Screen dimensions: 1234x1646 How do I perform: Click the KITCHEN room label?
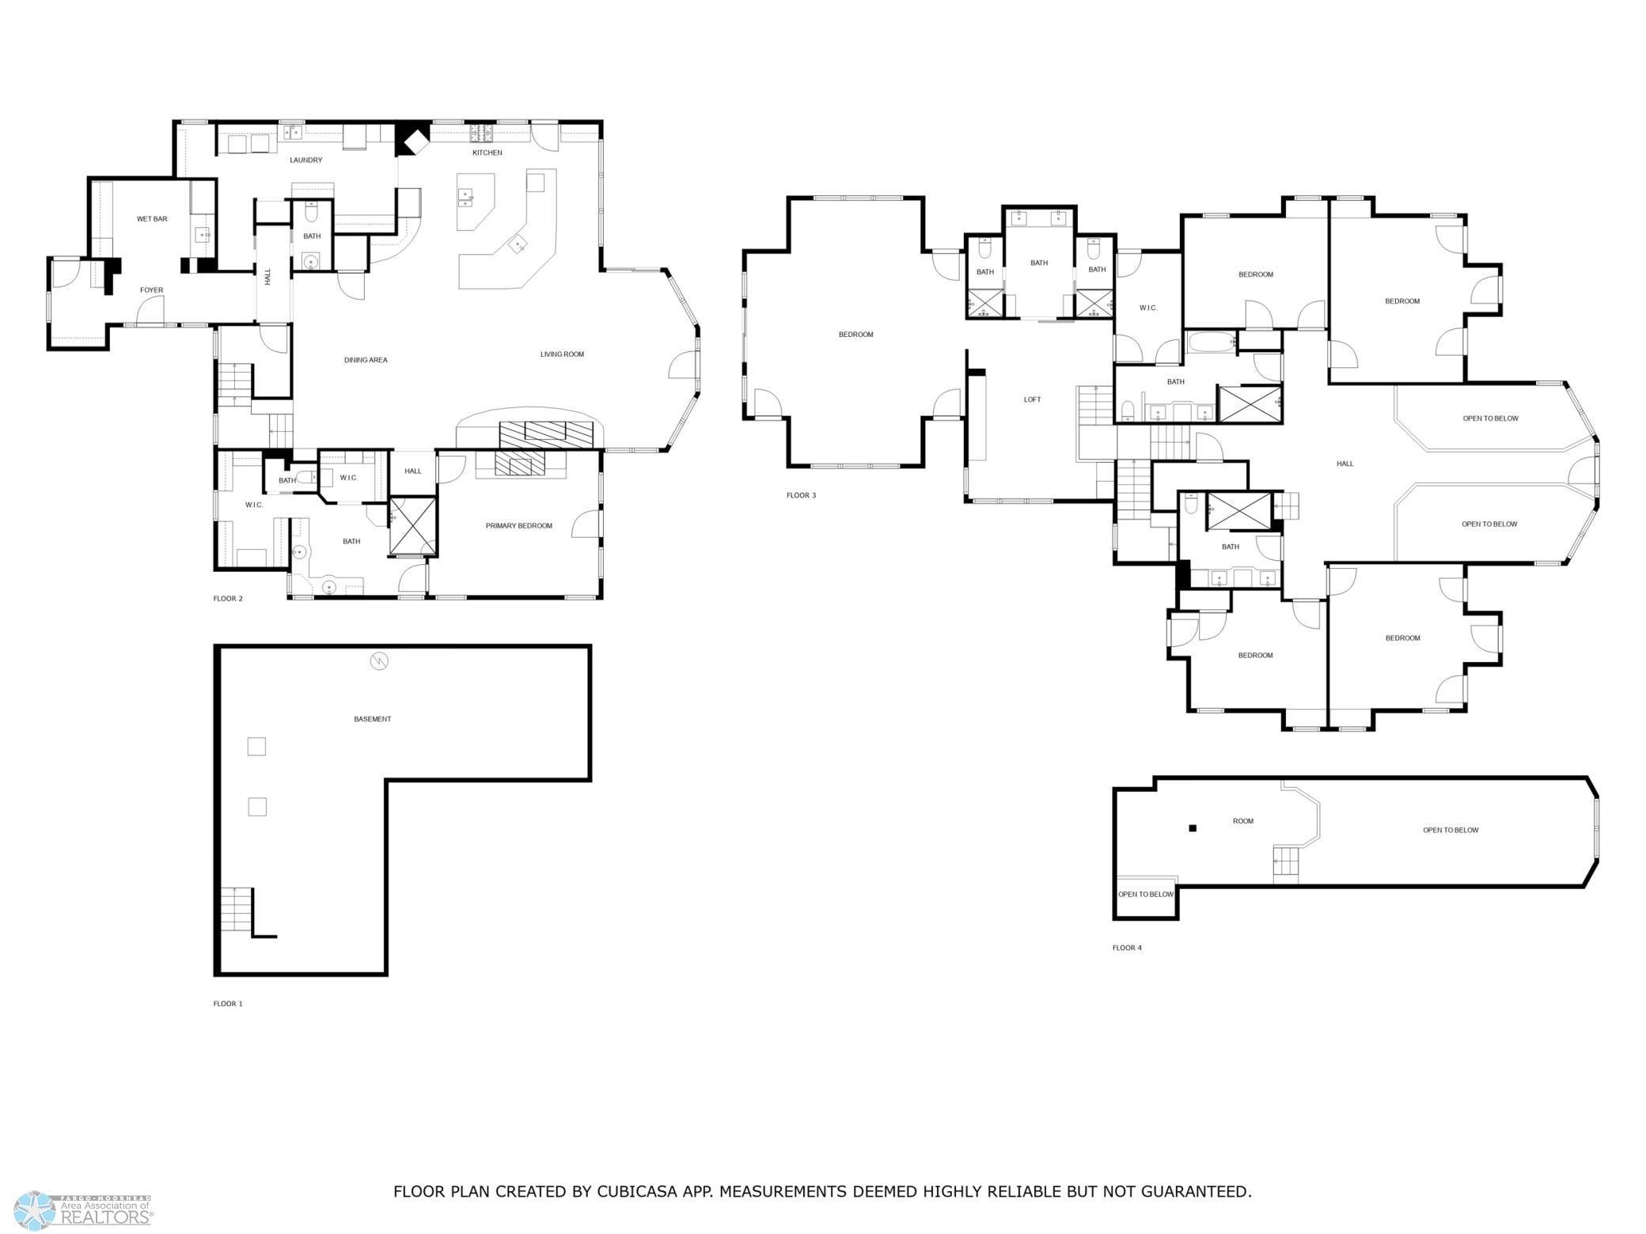click(x=487, y=153)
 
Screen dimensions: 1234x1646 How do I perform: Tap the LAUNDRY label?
click(x=305, y=161)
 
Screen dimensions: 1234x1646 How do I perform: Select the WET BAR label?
click(x=152, y=219)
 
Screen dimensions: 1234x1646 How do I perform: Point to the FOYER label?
click(x=151, y=290)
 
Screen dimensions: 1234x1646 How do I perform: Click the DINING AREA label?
click(x=366, y=361)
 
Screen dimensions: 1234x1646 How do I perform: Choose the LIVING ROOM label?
click(x=562, y=354)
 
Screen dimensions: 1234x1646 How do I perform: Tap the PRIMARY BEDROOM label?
click(x=518, y=526)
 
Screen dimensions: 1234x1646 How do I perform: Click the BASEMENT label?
click(x=372, y=719)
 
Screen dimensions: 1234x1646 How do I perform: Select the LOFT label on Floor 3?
click(x=1032, y=400)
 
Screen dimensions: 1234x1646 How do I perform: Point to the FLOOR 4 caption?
click(x=1127, y=948)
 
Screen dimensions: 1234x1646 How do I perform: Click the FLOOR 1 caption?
click(x=228, y=1004)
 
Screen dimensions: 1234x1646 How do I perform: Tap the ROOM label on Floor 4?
click(x=1242, y=821)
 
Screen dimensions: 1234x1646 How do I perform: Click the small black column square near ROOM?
click(x=1193, y=828)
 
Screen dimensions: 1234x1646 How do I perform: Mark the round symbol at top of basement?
click(x=379, y=661)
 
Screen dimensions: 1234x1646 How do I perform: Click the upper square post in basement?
click(x=256, y=746)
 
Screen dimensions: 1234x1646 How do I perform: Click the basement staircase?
click(x=236, y=910)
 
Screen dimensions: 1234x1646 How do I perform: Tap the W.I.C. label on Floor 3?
click(x=1147, y=308)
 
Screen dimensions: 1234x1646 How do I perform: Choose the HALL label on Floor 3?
click(x=1344, y=464)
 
